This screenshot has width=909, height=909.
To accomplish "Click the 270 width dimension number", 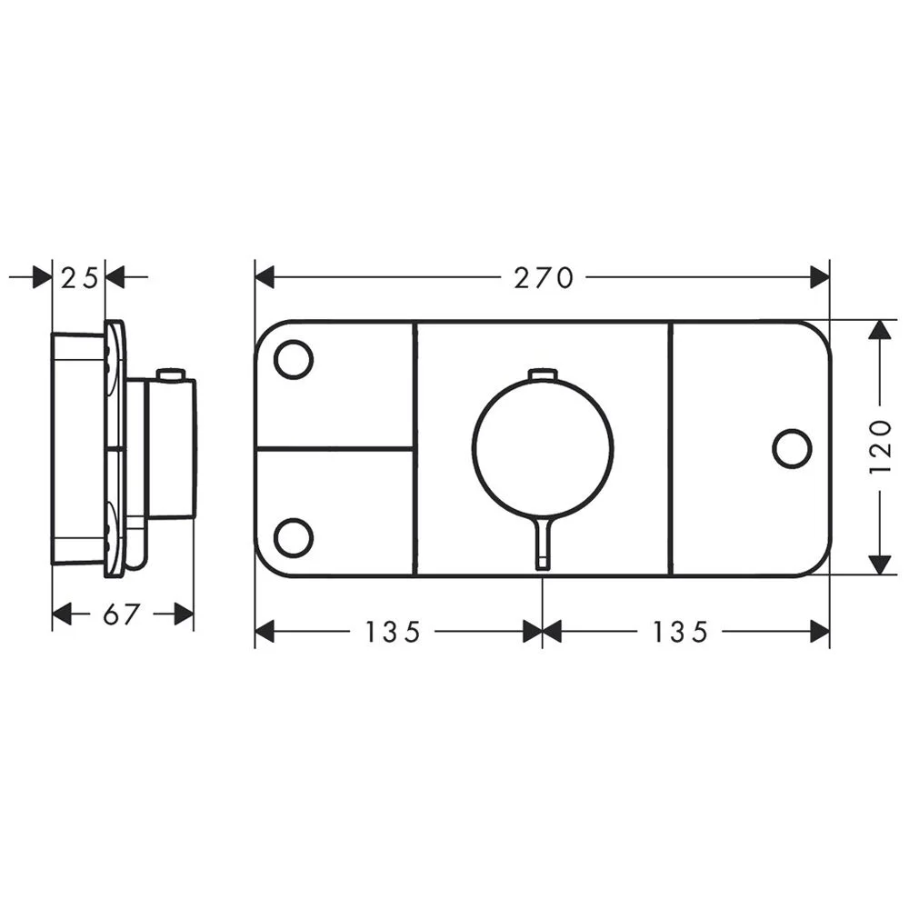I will [544, 277].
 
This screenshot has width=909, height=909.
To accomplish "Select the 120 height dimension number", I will [879, 447].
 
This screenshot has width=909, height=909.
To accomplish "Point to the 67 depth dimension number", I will [121, 614].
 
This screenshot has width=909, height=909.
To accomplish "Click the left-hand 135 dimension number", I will [395, 632].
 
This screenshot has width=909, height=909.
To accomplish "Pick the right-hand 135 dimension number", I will [680, 632].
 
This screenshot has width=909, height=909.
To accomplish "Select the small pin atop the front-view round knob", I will [542, 375].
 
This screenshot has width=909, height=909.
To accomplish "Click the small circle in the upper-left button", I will [293, 359].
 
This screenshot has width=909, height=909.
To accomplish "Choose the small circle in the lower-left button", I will [293, 537].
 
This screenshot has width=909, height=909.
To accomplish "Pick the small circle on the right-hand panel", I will [791, 448].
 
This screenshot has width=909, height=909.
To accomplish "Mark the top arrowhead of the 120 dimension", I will [879, 330].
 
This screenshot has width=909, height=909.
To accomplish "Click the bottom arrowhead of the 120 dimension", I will [879, 564].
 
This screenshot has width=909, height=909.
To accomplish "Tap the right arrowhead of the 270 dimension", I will [819, 276].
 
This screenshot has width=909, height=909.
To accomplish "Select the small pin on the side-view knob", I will [170, 374].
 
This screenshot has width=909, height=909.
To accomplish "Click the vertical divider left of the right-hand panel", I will [670, 448].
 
